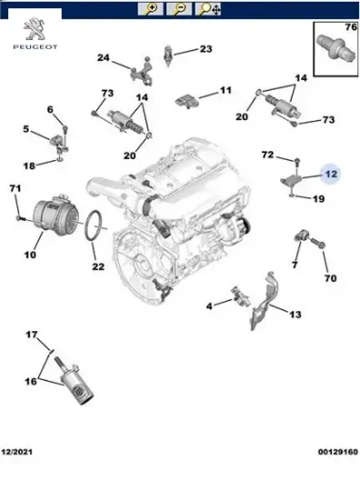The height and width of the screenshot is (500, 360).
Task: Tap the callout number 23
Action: coord(205,49)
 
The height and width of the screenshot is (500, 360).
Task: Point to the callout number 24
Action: coord(103,60)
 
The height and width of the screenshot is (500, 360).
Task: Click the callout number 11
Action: coord(225,91)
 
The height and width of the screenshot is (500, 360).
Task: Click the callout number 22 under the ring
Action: coord(98,266)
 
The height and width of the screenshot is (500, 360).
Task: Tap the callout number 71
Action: coord(14,188)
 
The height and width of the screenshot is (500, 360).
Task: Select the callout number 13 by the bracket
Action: coord(295,315)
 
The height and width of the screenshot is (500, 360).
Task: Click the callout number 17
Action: coord(31,335)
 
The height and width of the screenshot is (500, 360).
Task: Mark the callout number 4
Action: coord(209,305)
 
